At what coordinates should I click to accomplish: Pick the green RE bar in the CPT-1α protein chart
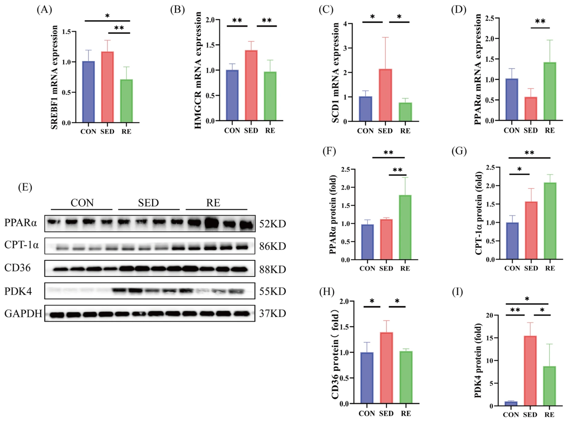pyautogui.click(x=550, y=221)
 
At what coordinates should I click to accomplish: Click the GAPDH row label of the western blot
pyautogui.click(x=23, y=313)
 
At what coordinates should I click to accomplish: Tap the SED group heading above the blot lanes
pyautogui.click(x=148, y=203)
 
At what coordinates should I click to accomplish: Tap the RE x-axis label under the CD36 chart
pyautogui.click(x=406, y=414)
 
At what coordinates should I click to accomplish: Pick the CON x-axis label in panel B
pyautogui.click(x=232, y=131)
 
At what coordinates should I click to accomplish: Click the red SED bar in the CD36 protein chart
pyautogui.click(x=386, y=368)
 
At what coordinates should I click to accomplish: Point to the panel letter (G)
pyautogui.click(x=459, y=151)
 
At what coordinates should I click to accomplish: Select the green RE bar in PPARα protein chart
pyautogui.click(x=405, y=227)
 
